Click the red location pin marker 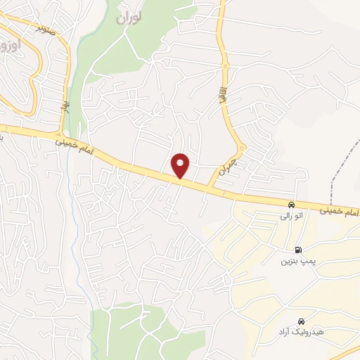pos(181,165)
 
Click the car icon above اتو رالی pos(291,205)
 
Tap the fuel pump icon pos(299,250)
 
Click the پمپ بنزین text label pos(291,262)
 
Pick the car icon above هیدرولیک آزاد pos(301,319)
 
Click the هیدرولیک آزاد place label pos(299,330)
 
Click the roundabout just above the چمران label pos(241,148)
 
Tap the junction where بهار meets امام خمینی pos(61,134)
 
